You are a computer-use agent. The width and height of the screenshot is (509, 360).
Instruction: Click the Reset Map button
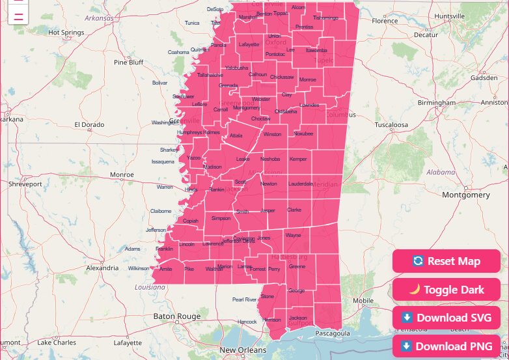click(x=447, y=261)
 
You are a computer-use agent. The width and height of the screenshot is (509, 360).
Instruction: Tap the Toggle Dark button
click(x=447, y=290)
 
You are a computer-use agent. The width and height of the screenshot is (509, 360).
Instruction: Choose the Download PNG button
click(x=447, y=346)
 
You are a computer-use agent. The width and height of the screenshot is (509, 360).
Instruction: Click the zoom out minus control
click(x=18, y=17)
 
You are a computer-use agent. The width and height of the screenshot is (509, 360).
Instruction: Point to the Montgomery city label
click(x=465, y=195)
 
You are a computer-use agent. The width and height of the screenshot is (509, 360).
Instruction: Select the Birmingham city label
click(x=437, y=103)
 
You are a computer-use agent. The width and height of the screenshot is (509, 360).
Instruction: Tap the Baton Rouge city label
click(x=176, y=316)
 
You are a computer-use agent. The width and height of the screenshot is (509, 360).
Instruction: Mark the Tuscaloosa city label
click(x=391, y=124)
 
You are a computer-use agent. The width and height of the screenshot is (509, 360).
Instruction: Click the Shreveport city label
click(x=25, y=184)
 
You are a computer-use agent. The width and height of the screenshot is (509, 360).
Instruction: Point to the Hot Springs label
click(x=66, y=32)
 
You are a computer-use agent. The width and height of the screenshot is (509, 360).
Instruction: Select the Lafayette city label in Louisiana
click(x=127, y=342)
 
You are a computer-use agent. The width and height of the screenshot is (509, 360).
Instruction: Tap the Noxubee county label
click(x=303, y=133)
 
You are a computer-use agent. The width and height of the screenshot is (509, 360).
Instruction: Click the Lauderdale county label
click(x=301, y=184)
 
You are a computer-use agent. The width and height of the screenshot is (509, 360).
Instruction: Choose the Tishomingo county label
click(x=325, y=18)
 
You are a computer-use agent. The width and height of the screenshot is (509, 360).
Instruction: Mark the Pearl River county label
click(x=245, y=299)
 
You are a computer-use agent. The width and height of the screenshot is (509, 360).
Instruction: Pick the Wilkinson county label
click(x=139, y=268)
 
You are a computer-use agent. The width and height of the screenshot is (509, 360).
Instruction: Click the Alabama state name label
click(x=441, y=172)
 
